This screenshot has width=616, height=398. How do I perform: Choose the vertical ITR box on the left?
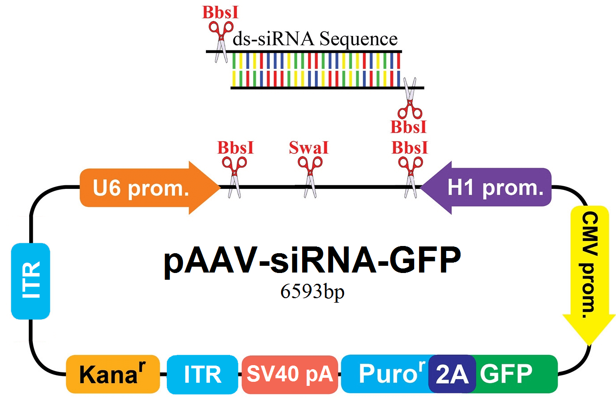pyautogui.click(x=30, y=281)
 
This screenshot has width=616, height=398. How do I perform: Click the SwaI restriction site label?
pyautogui.click(x=308, y=148)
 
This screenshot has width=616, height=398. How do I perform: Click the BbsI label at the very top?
pyautogui.click(x=220, y=12)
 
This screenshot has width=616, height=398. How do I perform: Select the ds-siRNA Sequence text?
pyautogui.click(x=315, y=39)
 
